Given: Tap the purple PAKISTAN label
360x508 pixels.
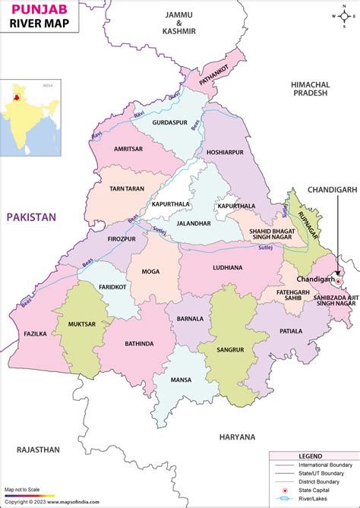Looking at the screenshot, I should (x=32, y=217).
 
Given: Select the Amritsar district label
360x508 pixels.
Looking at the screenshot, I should (x=130, y=150).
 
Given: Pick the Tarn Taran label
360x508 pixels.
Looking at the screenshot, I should (x=128, y=189).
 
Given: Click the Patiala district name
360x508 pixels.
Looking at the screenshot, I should (x=291, y=331).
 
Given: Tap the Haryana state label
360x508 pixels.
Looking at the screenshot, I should (x=238, y=437).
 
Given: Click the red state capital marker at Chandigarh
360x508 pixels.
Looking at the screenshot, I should (x=339, y=281).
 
